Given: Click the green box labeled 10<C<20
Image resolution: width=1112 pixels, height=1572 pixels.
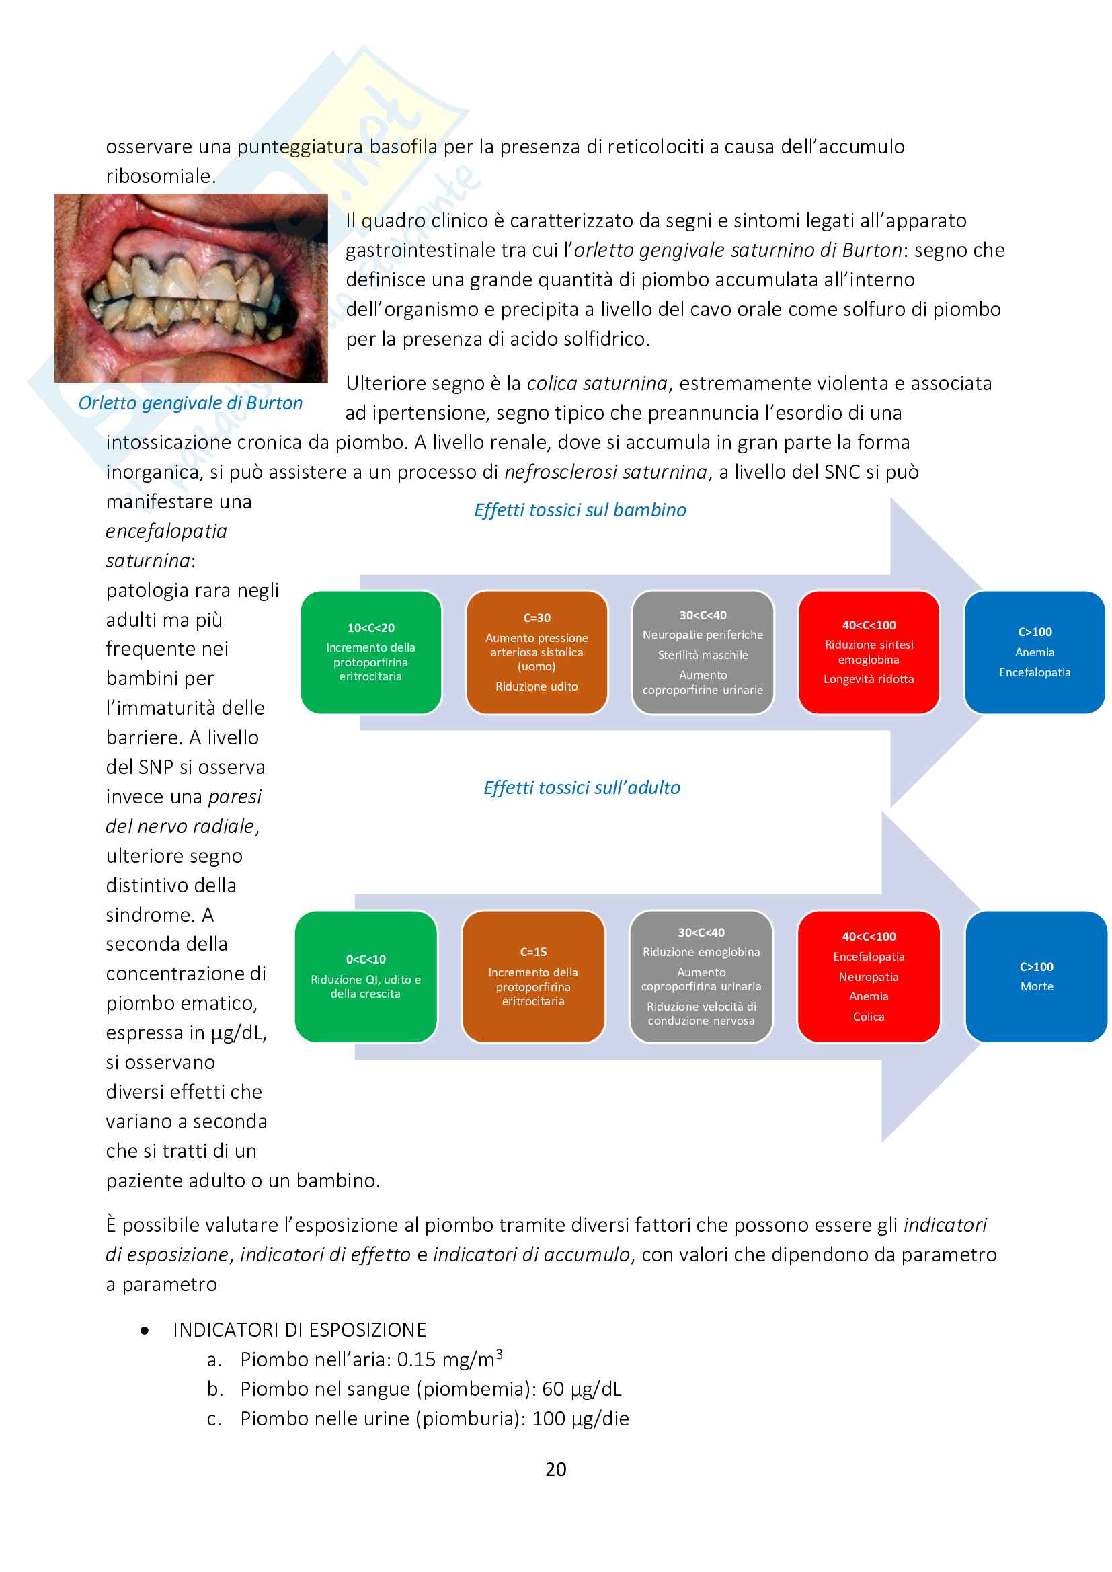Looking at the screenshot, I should (x=370, y=652).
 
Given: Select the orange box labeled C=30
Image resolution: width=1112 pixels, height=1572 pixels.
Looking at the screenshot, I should (x=536, y=652).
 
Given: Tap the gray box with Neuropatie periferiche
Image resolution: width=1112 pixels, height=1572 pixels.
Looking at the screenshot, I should (x=703, y=652).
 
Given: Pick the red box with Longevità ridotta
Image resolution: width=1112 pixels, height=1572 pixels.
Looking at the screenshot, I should (x=868, y=652).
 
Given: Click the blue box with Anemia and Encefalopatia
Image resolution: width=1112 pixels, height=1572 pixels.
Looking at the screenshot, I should (x=1034, y=652).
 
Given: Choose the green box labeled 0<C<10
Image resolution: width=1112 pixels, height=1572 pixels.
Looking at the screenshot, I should (x=366, y=976).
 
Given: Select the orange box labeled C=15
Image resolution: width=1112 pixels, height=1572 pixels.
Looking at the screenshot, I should (x=532, y=976).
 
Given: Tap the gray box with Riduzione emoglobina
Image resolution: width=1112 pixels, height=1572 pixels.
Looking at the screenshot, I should (x=701, y=976).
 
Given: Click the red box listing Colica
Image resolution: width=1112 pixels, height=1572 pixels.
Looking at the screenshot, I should (x=868, y=976).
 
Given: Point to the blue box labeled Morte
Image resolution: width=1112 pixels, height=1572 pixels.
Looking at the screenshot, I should (x=1036, y=976).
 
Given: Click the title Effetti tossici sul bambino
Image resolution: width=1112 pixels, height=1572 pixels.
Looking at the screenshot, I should (x=580, y=510).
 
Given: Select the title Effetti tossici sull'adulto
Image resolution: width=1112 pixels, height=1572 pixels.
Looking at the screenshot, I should (x=582, y=788).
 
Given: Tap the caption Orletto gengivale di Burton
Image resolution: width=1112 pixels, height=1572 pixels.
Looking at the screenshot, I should (x=190, y=403).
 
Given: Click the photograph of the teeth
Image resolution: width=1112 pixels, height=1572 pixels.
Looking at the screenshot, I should (x=191, y=288).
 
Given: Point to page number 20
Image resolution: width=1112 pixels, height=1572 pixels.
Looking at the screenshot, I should (x=555, y=1469).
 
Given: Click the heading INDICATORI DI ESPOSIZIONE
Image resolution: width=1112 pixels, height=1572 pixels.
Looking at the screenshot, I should (x=299, y=1330).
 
